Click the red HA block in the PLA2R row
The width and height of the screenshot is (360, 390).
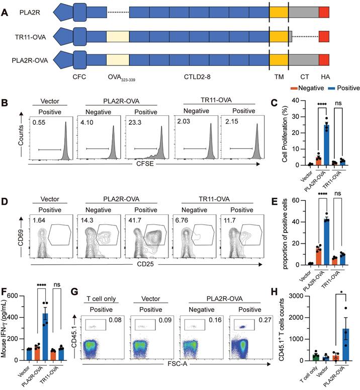coord(324,11)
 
